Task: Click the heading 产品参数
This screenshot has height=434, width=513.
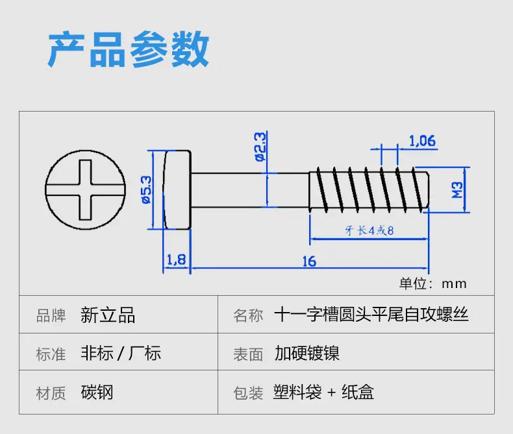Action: click(129, 49)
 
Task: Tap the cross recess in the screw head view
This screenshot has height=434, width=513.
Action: click(85, 190)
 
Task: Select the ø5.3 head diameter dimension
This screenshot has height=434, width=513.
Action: click(147, 189)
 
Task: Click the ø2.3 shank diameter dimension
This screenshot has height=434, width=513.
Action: click(260, 147)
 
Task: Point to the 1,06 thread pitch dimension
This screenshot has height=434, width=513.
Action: click(422, 141)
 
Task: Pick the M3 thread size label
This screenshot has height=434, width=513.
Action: click(457, 190)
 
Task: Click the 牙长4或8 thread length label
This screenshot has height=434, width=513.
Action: click(369, 230)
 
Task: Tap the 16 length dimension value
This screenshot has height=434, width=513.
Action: click(309, 261)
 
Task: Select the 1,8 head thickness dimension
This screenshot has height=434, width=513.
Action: click(177, 260)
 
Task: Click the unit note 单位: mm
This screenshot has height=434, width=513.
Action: click(433, 283)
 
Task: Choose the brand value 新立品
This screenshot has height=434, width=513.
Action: click(108, 315)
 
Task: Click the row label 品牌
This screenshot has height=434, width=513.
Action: click(51, 316)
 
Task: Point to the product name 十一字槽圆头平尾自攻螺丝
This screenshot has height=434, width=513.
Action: click(371, 315)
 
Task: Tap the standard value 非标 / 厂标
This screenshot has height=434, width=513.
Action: click(121, 354)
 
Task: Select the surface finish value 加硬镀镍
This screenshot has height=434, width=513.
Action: click(307, 354)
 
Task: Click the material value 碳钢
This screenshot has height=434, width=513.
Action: click(97, 392)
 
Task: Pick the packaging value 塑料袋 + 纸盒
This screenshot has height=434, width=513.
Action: click(323, 392)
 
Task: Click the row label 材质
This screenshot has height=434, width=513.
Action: click(51, 392)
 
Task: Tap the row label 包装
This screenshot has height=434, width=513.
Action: click(248, 392)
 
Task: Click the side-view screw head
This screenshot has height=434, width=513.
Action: click(177, 190)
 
